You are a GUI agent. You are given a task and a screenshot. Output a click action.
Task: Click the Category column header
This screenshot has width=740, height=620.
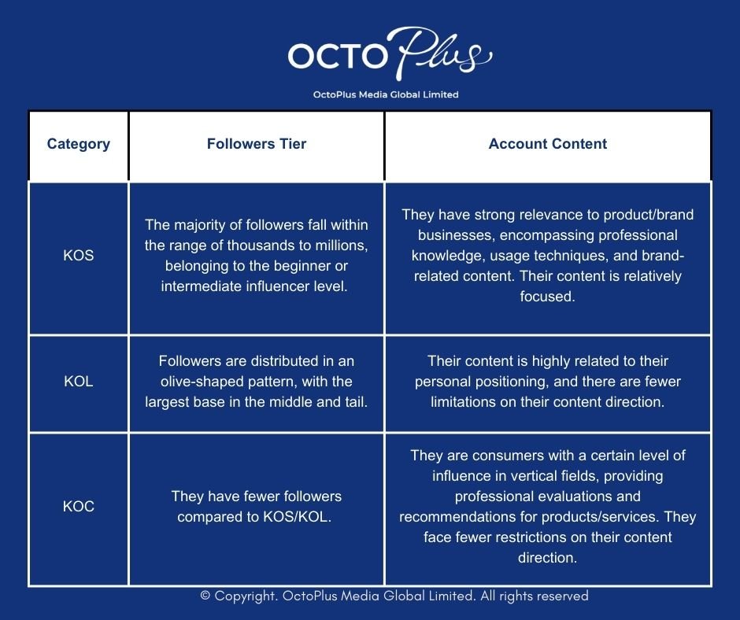pos(79,144)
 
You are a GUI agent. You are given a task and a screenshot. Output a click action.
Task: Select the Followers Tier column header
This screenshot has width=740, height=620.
pos(257,144)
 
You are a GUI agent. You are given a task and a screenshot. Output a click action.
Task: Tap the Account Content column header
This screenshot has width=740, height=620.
pos(548,144)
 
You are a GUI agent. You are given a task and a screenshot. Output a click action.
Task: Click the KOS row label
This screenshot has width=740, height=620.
pos(79,256)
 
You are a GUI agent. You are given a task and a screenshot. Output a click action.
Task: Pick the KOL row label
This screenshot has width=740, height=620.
pos(79,382)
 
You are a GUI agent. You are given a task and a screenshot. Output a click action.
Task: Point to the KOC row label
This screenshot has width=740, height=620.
pos(79,507)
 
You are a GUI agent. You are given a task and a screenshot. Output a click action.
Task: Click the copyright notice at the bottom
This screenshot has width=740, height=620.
pos(394,596)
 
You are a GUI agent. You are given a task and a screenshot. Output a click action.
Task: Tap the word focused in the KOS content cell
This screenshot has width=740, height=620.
pos(548,297)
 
